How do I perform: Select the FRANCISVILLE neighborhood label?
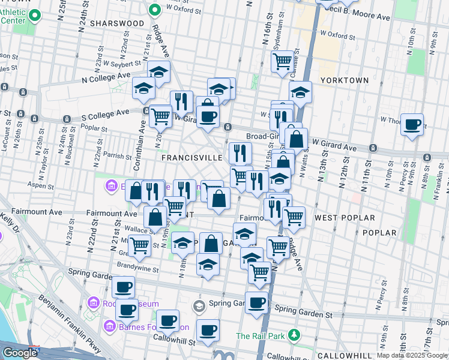[192, 157]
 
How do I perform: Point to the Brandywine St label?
[139, 269]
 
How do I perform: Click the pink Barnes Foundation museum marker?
[110, 327]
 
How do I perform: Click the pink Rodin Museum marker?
[93, 302]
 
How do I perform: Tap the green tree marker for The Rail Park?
[294, 334]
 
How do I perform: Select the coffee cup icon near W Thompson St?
[412, 125]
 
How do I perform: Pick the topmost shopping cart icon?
[282, 61]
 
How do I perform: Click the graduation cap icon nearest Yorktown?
[300, 92]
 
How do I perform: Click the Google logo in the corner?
[20, 353]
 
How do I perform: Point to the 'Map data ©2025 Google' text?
[411, 355]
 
